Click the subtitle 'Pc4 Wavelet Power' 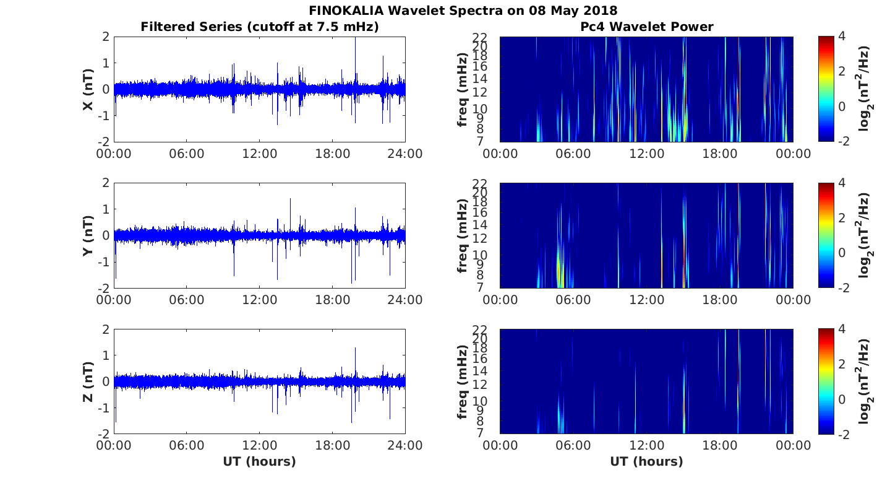tap(647, 27)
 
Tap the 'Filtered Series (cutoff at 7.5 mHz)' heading tap(260, 27)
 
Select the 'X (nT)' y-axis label tap(88, 89)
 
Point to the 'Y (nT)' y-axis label tap(88, 235)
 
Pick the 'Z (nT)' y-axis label tap(88, 381)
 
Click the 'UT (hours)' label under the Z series tap(259, 462)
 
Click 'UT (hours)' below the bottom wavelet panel tap(646, 462)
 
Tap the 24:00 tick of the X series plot tap(405, 154)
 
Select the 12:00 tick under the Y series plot tap(259, 300)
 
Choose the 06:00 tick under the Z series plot tap(186, 446)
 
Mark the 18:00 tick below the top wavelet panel tap(720, 154)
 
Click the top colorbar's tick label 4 tap(842, 36)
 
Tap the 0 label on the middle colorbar tap(842, 253)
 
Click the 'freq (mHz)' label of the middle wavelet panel tap(463, 235)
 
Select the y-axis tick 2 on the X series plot tap(106, 37)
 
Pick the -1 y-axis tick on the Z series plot tap(103, 408)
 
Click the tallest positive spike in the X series tap(355, 38)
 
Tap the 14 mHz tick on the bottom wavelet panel tap(479, 371)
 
